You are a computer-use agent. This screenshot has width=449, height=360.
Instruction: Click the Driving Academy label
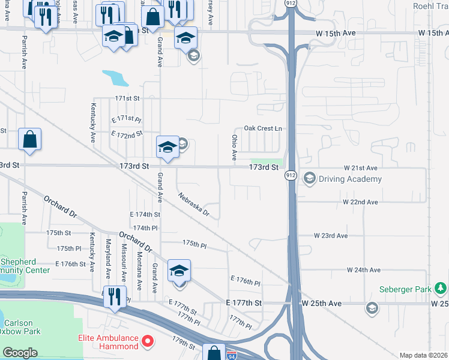click(x=351, y=179)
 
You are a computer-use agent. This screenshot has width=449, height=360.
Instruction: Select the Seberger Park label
click(x=405, y=289)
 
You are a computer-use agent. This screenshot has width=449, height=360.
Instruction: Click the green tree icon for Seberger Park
click(x=441, y=289)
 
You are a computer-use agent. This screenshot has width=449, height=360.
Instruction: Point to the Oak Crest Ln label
click(x=262, y=128)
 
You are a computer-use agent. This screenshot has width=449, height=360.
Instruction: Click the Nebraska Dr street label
click(x=193, y=204)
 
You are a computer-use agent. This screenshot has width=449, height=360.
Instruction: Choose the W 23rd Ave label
click(x=331, y=236)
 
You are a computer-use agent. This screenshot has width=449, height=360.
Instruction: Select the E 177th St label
click(x=244, y=304)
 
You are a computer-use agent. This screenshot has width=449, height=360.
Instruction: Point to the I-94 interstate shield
click(x=232, y=355)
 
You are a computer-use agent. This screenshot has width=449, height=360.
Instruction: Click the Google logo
click(x=20, y=353)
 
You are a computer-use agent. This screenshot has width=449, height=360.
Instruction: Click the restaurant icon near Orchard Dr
click(x=113, y=296)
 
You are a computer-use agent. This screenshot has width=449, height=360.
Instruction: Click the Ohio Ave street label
click(x=234, y=147)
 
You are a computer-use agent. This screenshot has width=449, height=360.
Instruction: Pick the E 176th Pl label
click(x=246, y=280)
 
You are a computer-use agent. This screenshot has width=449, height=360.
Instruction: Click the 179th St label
click(x=184, y=346)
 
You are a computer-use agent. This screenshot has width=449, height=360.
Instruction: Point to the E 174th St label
click(x=145, y=214)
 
